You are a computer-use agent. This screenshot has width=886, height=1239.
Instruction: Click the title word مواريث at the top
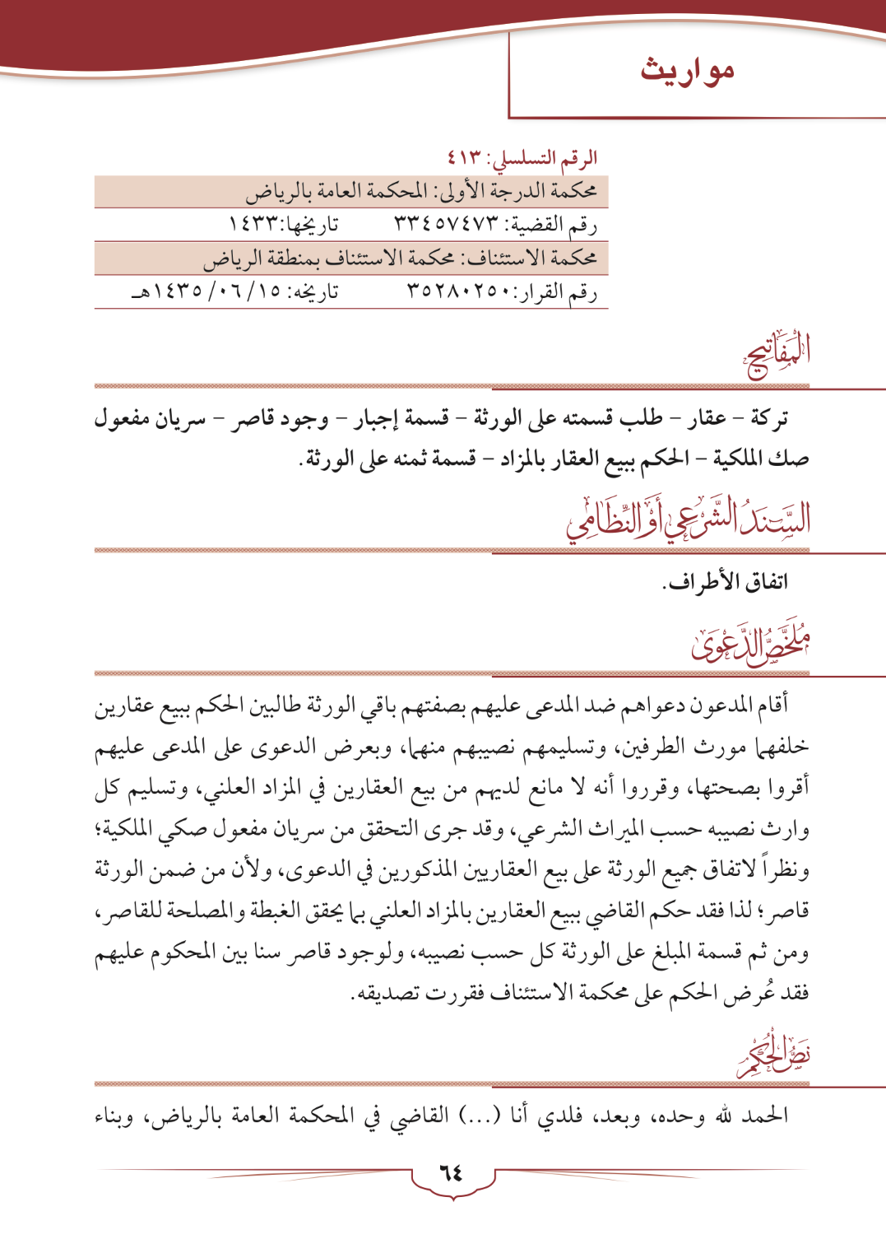pos(687,71)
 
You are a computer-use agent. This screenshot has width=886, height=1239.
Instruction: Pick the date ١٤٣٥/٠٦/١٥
pos(214,291)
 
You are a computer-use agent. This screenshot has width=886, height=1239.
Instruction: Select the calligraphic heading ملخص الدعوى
pos(749,640)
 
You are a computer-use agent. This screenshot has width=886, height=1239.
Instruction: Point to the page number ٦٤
pos(451,1171)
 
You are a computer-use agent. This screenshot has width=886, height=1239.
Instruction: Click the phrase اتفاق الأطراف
pos(725,582)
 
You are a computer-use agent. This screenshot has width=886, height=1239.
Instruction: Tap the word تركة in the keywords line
pos(770,418)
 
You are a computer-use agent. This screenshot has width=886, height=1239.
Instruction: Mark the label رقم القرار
pos(561,291)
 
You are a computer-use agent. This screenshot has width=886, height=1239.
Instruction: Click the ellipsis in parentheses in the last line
pos(480,1116)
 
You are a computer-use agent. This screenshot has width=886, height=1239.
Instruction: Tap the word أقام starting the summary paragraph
pos(772,705)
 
